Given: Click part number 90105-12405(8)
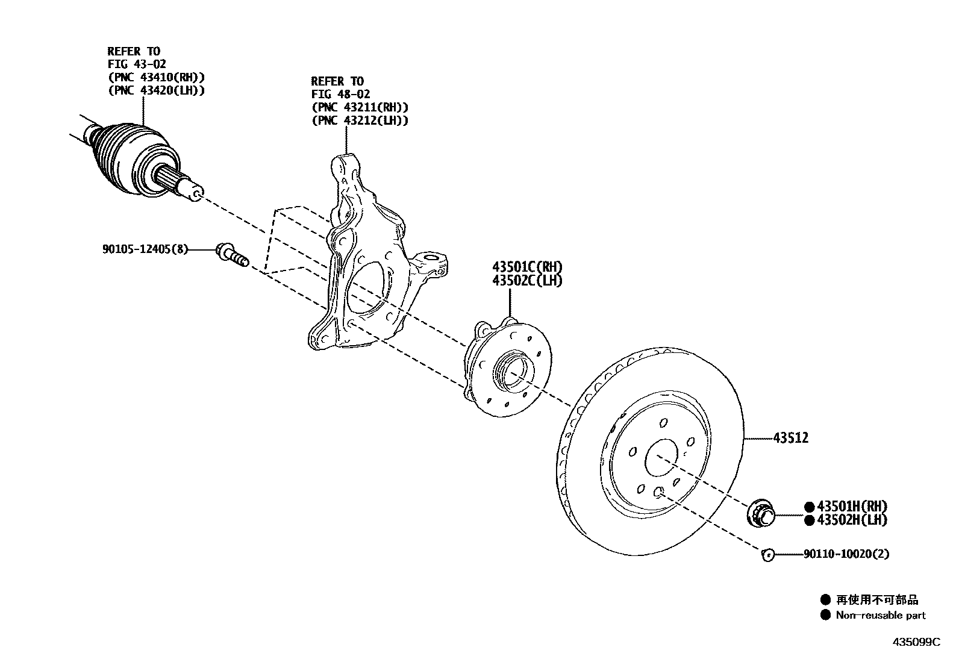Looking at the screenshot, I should (x=145, y=248).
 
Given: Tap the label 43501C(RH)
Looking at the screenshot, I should (x=527, y=267).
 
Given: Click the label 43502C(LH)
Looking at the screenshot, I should (x=527, y=281).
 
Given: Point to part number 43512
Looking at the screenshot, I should (x=791, y=438).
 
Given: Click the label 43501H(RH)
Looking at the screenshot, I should (x=852, y=507).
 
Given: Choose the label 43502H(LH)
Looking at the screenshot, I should (x=852, y=520).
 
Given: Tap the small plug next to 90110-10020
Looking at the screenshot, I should (x=767, y=554).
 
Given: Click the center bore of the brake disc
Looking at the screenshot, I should (x=661, y=460).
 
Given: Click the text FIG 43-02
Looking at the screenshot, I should (x=137, y=64).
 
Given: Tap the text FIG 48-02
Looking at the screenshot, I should (x=340, y=94).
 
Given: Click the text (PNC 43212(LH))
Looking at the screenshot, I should (x=360, y=120).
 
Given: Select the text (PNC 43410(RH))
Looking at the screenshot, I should (x=156, y=77).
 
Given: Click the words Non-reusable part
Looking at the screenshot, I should (x=880, y=615).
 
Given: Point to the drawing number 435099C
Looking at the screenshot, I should (x=916, y=642).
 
